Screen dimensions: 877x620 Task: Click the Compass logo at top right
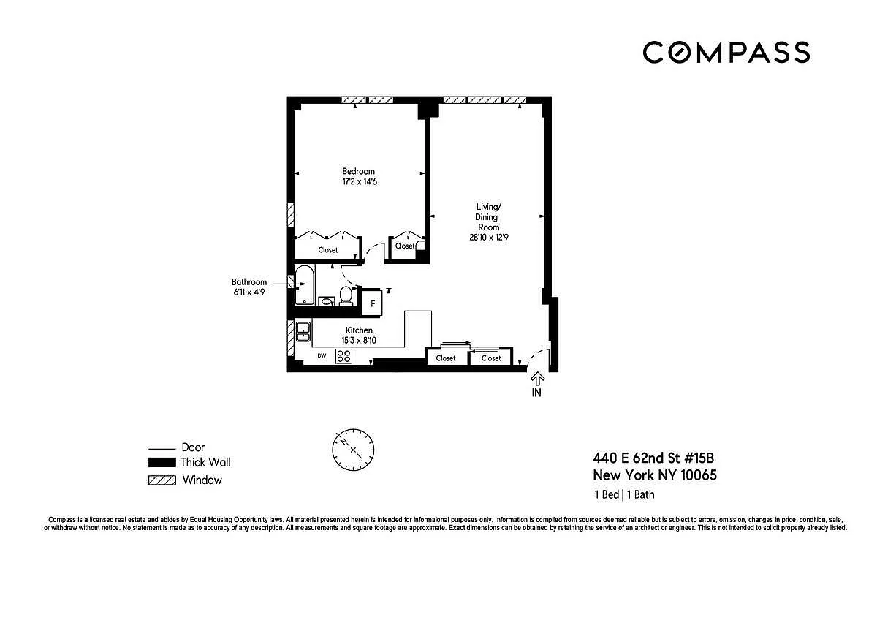tap(726, 52)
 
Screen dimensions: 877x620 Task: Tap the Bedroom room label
tap(358, 171)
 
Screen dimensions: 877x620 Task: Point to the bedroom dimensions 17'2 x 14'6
tap(360, 181)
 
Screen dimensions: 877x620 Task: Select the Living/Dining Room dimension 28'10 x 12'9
tap(489, 237)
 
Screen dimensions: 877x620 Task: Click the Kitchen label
tap(359, 330)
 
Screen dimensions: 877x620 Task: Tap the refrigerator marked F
tap(372, 303)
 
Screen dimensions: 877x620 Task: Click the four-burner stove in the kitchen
tap(343, 356)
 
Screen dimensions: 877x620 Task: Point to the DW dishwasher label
tap(322, 355)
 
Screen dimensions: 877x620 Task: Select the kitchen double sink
tap(303, 332)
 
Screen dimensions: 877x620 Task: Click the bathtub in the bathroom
tap(304, 285)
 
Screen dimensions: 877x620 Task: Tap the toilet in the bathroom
tap(345, 295)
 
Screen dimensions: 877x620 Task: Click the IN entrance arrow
tap(537, 379)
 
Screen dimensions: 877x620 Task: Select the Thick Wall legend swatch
tap(162, 463)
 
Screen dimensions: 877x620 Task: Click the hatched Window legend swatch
tap(162, 480)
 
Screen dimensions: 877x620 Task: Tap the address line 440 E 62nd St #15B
tap(653, 458)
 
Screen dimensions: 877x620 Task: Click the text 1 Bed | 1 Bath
tap(624, 494)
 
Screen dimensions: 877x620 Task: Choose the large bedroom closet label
tap(327, 250)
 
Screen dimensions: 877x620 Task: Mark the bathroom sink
tap(327, 301)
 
